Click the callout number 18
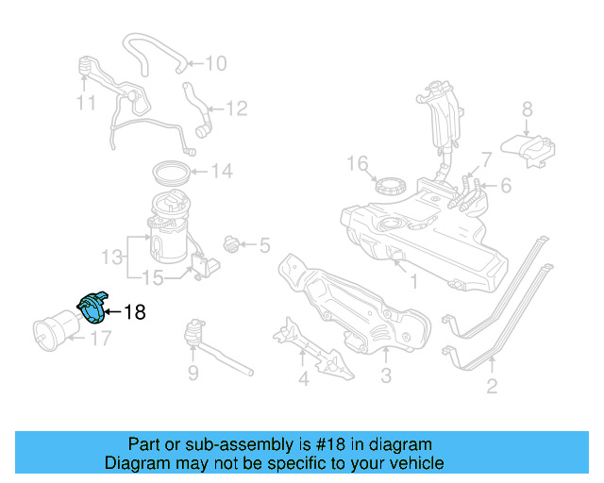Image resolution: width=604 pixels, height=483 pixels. pyautogui.click(x=135, y=311)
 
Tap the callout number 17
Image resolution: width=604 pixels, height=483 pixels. pyautogui.click(x=100, y=338)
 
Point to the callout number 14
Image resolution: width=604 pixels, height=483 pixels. pyautogui.click(x=221, y=172)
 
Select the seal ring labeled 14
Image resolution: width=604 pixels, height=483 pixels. pyautogui.click(x=171, y=173)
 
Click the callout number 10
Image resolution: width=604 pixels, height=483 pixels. pyautogui.click(x=216, y=64)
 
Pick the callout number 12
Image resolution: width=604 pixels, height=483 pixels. pyautogui.click(x=236, y=109)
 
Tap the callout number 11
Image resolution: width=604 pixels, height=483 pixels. pyautogui.click(x=87, y=101)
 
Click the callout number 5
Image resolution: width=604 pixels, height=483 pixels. pyautogui.click(x=263, y=246)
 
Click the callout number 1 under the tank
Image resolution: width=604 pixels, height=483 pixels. pyautogui.click(x=411, y=280)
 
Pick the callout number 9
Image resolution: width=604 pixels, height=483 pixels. pyautogui.click(x=193, y=374)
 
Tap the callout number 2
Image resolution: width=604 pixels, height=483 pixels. pyautogui.click(x=491, y=385)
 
